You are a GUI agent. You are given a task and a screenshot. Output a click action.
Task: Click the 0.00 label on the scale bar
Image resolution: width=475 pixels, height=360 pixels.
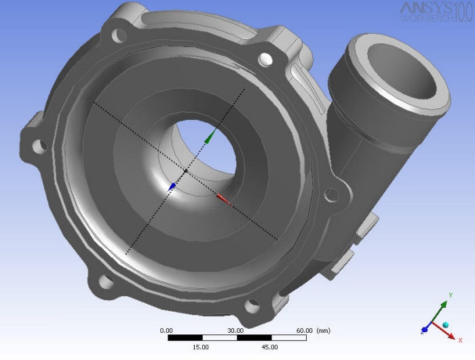(x=166, y=330)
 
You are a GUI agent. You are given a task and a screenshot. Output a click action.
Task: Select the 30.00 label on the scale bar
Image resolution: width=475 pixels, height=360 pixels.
(x=235, y=330)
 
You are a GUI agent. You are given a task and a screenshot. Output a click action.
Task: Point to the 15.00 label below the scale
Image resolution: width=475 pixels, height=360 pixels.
(x=202, y=346)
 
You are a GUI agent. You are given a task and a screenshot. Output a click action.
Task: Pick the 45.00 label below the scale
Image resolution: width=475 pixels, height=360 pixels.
(x=269, y=346)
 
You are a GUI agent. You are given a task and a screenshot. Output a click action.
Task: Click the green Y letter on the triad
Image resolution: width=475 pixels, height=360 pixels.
(x=451, y=296)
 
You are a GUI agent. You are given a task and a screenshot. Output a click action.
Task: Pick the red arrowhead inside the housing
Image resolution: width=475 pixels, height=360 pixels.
(x=223, y=199)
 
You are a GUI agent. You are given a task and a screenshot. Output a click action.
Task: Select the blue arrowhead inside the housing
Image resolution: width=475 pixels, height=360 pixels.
(x=172, y=185)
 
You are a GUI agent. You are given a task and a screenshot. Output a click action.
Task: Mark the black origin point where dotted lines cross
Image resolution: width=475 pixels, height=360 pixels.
(x=186, y=171)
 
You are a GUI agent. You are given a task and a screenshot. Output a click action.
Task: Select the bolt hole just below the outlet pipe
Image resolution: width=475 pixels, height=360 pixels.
(x=331, y=195)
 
